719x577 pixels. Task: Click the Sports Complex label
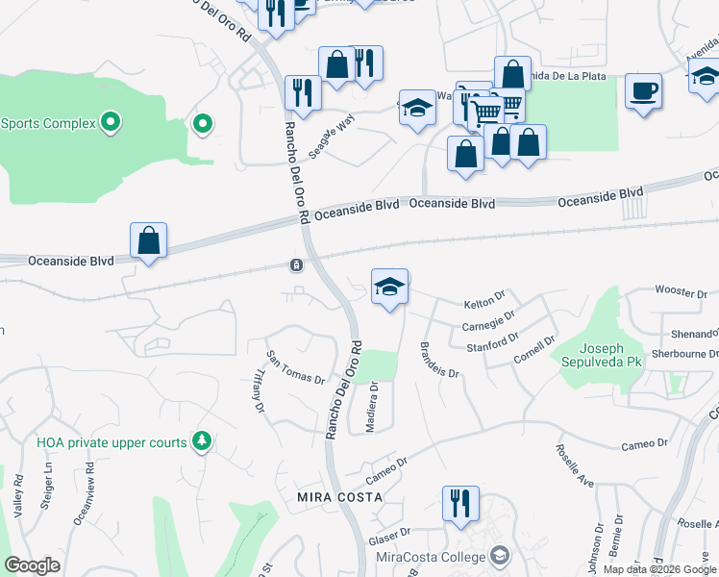click(x=48, y=123)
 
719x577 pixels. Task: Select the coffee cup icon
click(x=643, y=91)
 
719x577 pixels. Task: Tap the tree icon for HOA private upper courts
click(x=202, y=441)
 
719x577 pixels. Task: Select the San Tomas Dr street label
click(x=295, y=365)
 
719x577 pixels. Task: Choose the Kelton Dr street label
click(x=483, y=304)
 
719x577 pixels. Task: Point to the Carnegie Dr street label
click(x=488, y=320)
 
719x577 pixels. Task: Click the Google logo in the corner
click(x=33, y=565)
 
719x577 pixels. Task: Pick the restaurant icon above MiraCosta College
click(x=460, y=503)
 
